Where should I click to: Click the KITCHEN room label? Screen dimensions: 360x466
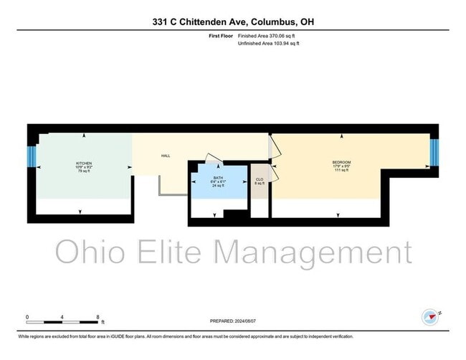pyautogui.click(x=84, y=164)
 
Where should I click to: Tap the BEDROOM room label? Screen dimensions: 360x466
pyautogui.click(x=341, y=163)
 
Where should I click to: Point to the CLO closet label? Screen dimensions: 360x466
pyautogui.click(x=260, y=179)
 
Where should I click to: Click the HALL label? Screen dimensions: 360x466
pyautogui.click(x=166, y=156)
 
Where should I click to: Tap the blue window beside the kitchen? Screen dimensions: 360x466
pyautogui.click(x=32, y=156)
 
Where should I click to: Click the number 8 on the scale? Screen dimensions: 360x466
pyautogui.click(x=98, y=316)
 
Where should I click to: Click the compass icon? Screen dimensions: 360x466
pyautogui.click(x=430, y=316)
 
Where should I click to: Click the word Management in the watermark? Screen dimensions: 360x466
pyautogui.click(x=314, y=252)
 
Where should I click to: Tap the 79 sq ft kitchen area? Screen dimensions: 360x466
pyautogui.click(x=84, y=171)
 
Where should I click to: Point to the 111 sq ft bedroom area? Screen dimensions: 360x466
pyautogui.click(x=341, y=171)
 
